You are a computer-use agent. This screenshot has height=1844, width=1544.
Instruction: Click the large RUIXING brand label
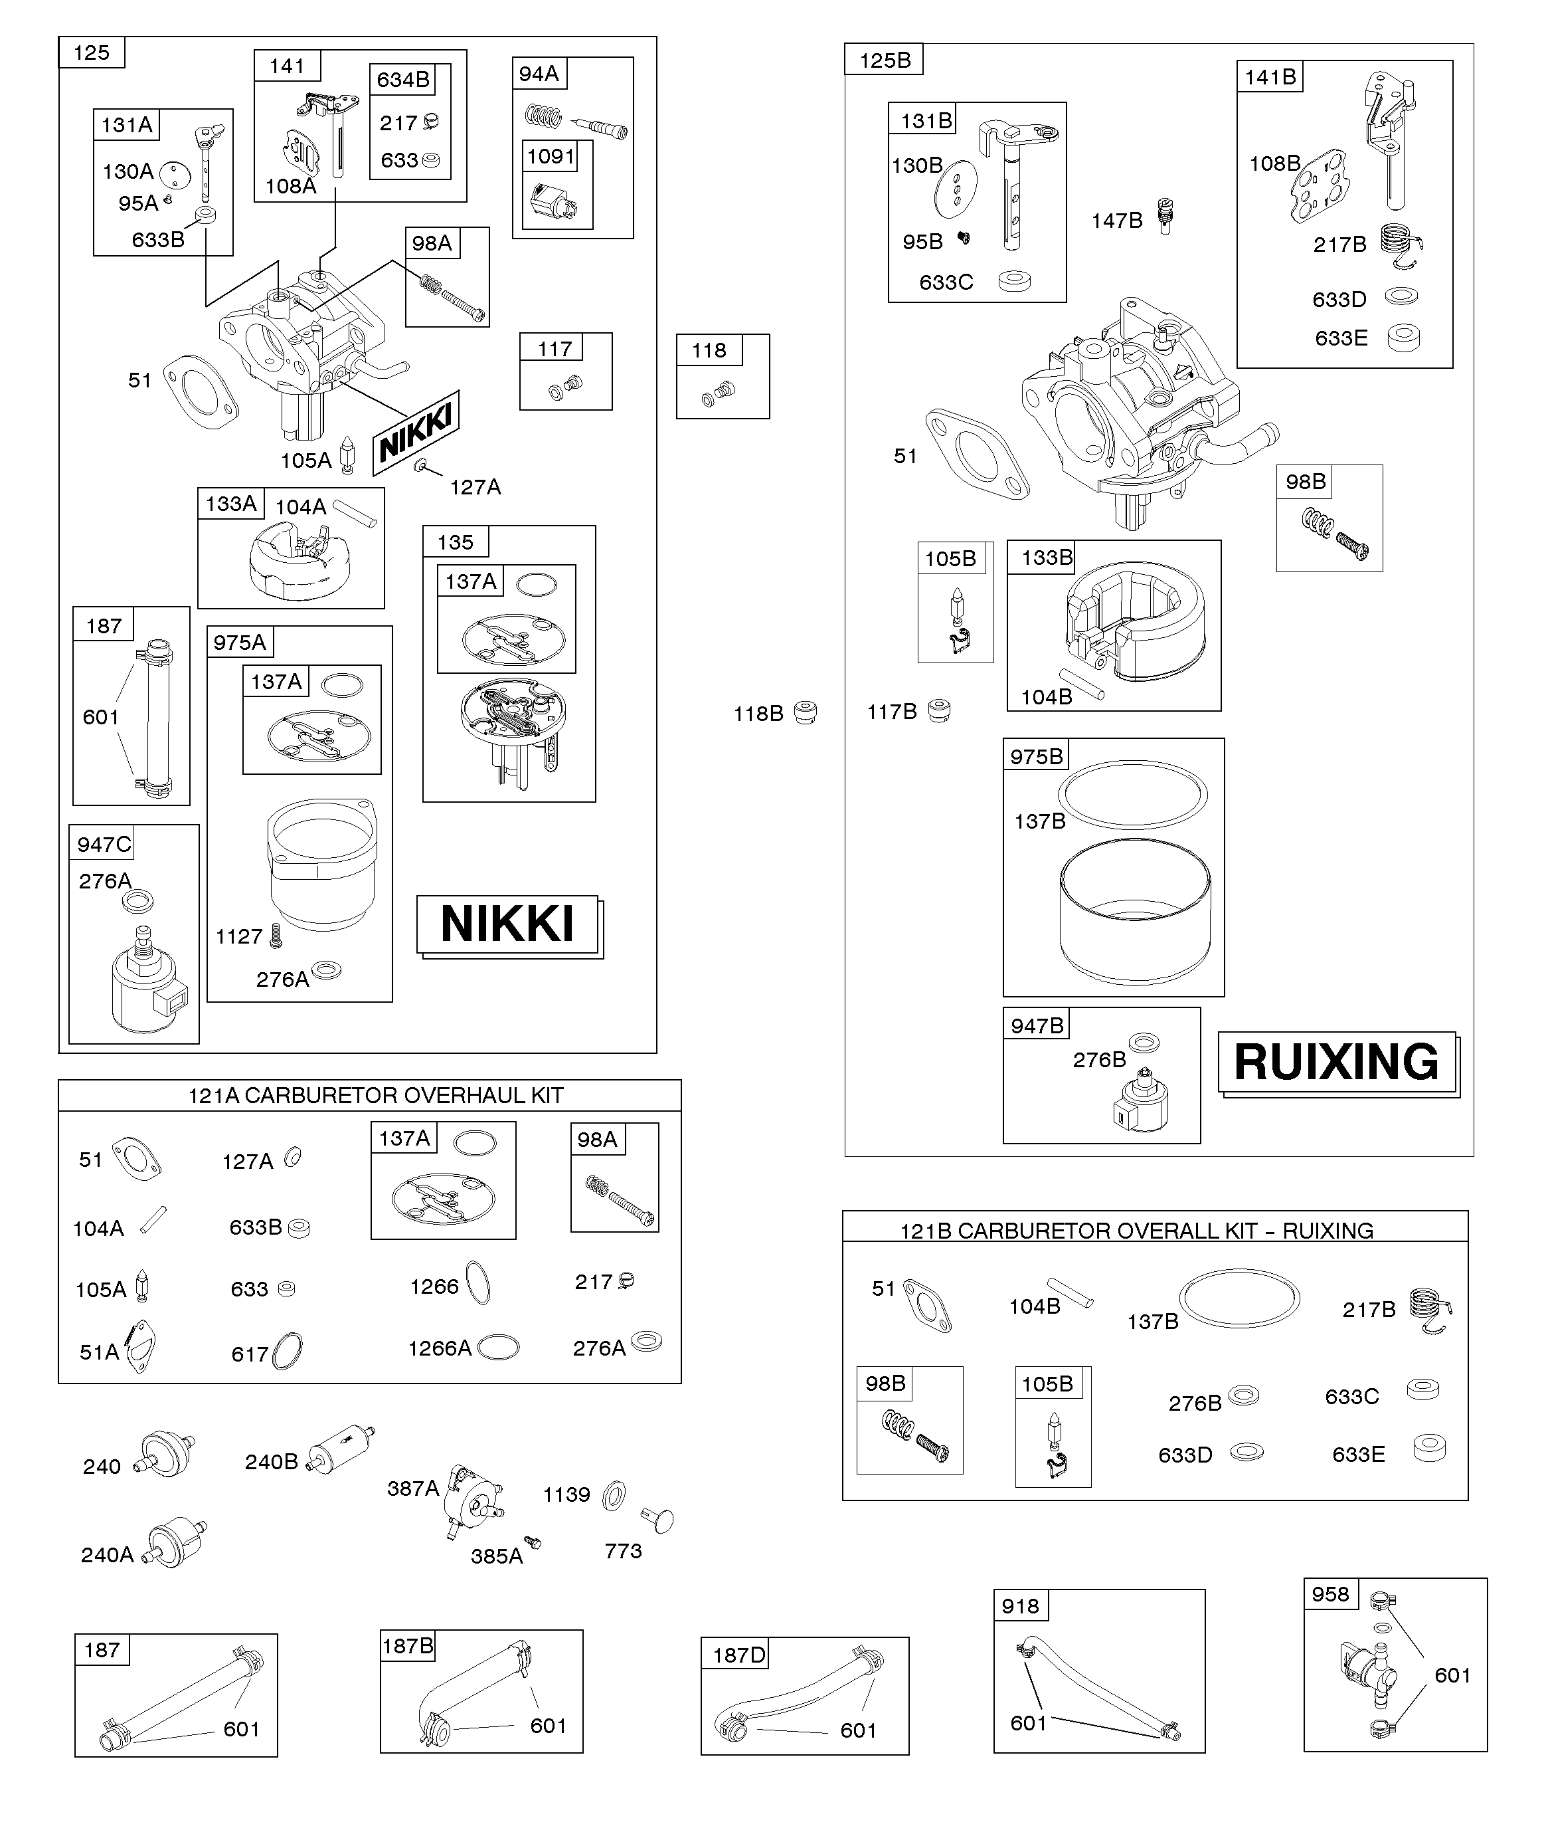(1336, 1062)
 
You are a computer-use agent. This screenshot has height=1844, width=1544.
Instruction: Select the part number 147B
(1116, 221)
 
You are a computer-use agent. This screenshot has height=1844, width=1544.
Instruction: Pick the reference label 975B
(1037, 757)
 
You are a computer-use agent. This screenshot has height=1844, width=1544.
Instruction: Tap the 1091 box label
(551, 156)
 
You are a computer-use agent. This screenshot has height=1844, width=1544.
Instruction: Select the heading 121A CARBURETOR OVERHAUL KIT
(376, 1095)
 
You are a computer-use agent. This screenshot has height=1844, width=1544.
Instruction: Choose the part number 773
(623, 1551)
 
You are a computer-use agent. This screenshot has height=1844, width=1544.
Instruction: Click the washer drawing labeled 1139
(614, 1494)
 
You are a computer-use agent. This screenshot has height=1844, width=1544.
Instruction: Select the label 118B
(758, 714)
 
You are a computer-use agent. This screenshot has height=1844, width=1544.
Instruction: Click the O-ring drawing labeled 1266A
(499, 1347)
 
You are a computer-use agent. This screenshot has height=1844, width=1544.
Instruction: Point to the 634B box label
(403, 80)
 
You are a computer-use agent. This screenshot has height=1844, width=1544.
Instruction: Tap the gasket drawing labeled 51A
(140, 1347)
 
